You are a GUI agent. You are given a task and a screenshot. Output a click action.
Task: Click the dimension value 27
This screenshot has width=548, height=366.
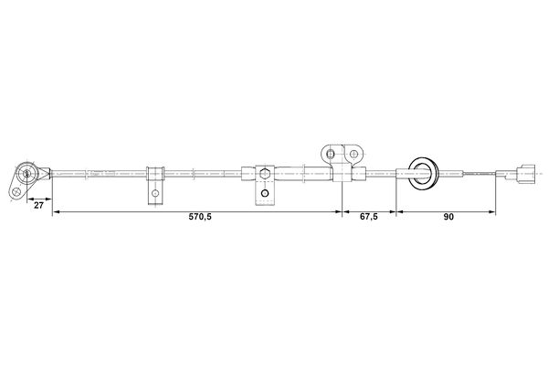39,207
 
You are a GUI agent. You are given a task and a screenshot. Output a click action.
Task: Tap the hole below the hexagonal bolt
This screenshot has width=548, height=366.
263,193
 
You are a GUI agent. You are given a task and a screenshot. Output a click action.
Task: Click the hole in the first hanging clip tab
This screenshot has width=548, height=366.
155,194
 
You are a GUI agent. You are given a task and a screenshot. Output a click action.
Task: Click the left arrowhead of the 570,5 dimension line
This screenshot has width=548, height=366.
55,212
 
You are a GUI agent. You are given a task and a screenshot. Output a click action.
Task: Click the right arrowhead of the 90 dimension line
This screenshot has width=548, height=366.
492,212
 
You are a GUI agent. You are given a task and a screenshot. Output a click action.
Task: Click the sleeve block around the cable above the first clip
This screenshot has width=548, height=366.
154,171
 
